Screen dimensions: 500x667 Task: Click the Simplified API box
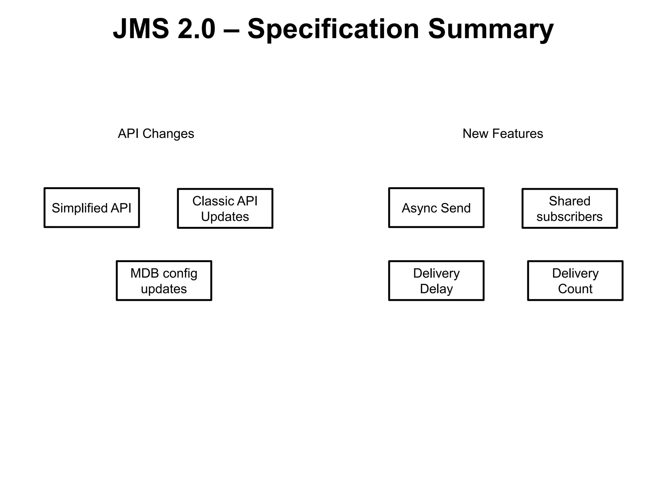click(92, 208)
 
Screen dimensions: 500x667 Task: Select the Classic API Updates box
click(225, 209)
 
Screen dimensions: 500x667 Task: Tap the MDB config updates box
click(164, 281)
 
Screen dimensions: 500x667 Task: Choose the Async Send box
click(436, 208)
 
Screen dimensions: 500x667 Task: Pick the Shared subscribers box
click(569, 209)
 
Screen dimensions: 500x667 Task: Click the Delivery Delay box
click(436, 281)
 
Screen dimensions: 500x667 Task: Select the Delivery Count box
click(575, 281)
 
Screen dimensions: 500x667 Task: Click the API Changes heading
click(156, 134)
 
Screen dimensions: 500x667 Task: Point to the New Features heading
click(503, 134)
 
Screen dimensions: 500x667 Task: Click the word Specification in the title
click(333, 29)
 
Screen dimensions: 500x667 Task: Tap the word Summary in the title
click(490, 29)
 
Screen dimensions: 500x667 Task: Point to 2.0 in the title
click(196, 29)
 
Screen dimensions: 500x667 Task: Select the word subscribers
click(569, 217)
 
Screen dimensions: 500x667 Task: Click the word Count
click(575, 289)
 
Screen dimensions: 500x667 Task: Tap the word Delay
click(436, 289)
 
